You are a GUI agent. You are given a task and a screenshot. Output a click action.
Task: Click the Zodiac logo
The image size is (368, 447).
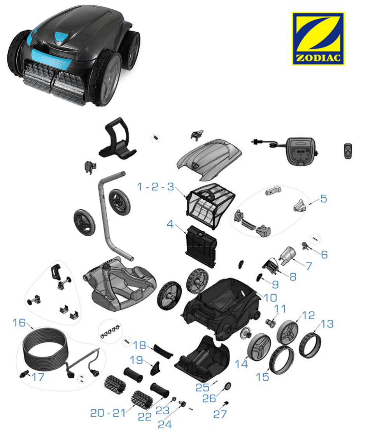318,39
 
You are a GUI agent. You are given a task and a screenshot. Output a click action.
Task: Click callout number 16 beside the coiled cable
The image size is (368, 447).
19,323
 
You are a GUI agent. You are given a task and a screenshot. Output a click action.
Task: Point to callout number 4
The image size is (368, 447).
170,224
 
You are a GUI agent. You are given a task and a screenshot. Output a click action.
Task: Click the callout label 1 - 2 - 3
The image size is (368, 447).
155,187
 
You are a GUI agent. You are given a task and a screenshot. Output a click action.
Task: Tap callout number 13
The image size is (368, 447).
327,324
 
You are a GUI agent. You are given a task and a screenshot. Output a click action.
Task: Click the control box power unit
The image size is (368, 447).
301,151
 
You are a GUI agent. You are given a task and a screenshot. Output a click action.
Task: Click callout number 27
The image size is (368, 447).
220,414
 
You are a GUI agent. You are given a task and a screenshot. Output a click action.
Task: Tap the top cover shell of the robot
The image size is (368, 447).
209,159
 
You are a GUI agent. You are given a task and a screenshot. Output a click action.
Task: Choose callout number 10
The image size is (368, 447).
270,298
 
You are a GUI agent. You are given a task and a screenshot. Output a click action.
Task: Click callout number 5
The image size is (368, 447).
324,199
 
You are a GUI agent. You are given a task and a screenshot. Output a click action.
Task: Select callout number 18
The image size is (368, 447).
140,345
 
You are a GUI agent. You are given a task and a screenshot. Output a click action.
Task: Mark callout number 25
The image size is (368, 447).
203,387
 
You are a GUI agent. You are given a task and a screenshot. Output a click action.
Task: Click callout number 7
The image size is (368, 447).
309,266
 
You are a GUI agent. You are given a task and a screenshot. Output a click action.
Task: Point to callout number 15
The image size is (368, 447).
262,377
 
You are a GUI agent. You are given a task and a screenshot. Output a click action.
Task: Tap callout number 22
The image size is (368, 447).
145,417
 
